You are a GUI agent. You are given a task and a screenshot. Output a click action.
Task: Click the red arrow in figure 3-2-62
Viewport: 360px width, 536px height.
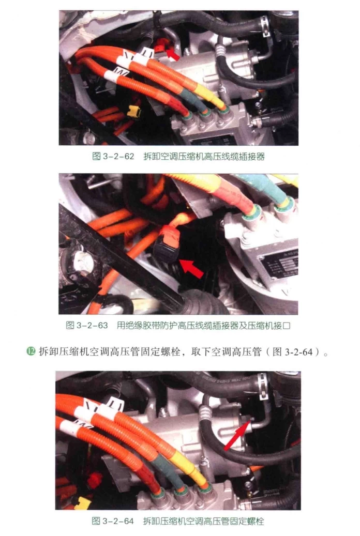(x=172, y=53)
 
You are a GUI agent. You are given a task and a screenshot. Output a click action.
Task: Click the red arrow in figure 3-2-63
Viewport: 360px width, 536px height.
(x=191, y=268)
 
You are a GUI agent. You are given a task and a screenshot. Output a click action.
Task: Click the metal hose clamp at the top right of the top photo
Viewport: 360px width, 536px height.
(x=264, y=22)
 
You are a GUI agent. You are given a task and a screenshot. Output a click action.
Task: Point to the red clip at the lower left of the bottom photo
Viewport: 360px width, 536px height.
(x=95, y=480)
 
